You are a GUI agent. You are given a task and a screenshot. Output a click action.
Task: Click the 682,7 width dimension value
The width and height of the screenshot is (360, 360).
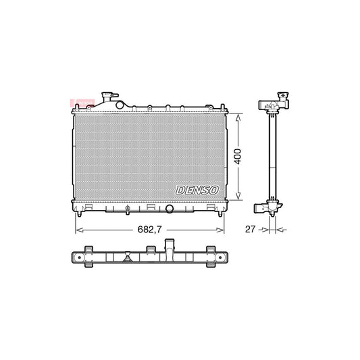(x=149, y=228)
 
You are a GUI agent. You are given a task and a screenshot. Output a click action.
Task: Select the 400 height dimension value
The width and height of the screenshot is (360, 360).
(x=237, y=157)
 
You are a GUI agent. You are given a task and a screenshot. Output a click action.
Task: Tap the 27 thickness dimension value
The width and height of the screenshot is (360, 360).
(x=250, y=230)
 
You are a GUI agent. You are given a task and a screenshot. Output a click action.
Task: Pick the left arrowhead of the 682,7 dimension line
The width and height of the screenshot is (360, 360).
(x=74, y=229)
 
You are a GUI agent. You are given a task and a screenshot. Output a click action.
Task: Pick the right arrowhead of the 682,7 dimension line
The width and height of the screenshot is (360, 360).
(x=222, y=229)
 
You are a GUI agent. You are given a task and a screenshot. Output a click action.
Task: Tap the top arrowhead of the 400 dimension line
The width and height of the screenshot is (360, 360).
(x=237, y=115)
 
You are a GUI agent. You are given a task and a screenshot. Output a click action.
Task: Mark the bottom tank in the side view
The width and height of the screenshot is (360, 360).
(x=269, y=207)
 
